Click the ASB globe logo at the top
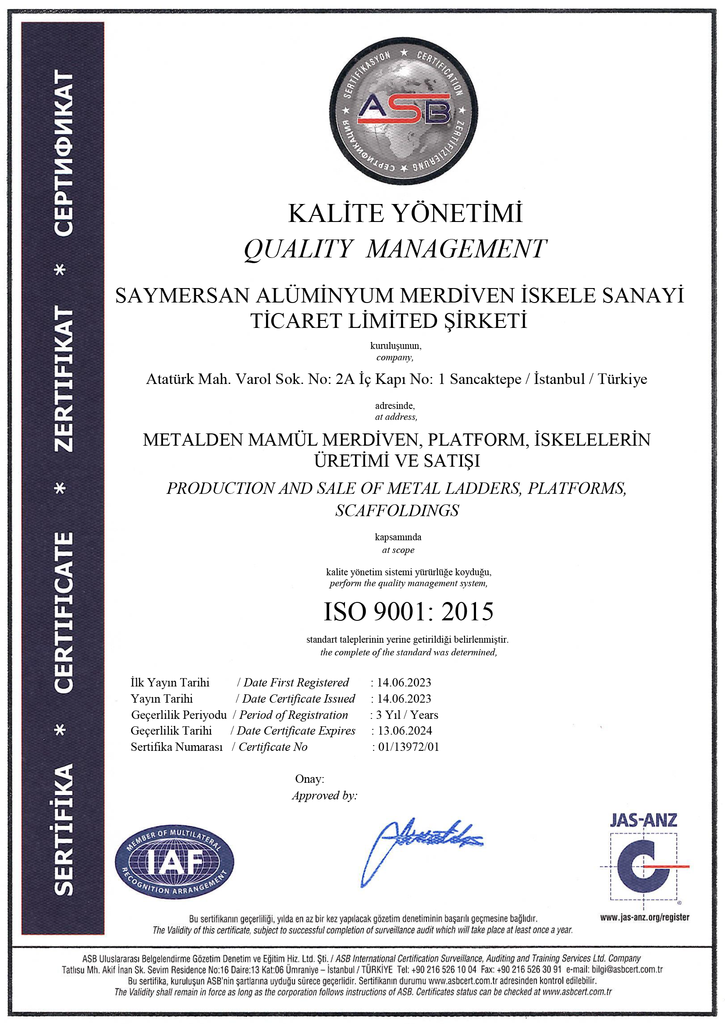coord(404,111)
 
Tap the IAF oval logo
coord(174,861)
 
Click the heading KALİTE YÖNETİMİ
coord(405,213)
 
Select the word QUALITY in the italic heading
coord(298,249)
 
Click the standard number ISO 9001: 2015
coord(408,612)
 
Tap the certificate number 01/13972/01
coord(409,746)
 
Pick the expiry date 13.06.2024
coord(405,731)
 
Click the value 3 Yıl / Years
coord(407,714)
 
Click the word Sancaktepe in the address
coord(485,379)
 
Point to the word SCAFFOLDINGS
coord(397,510)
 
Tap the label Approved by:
coord(324,795)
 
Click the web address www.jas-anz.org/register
coord(644,918)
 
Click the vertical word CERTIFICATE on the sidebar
coord(64,612)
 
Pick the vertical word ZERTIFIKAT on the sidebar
coord(64,379)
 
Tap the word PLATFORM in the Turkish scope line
coord(476,440)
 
